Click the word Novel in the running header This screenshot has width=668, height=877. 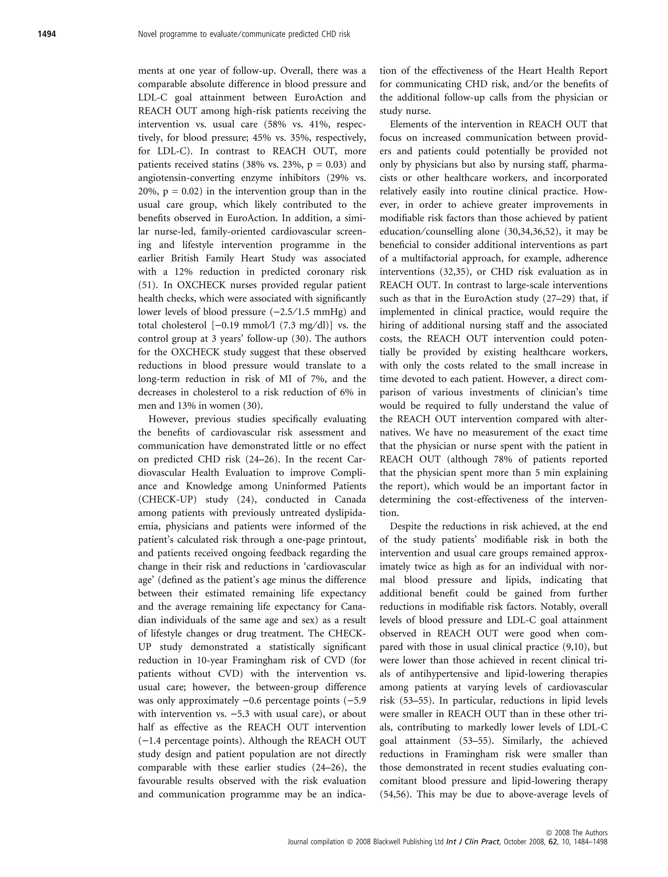pyautogui.click(x=147, y=34)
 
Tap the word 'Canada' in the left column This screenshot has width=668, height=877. pyautogui.click(x=349, y=499)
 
